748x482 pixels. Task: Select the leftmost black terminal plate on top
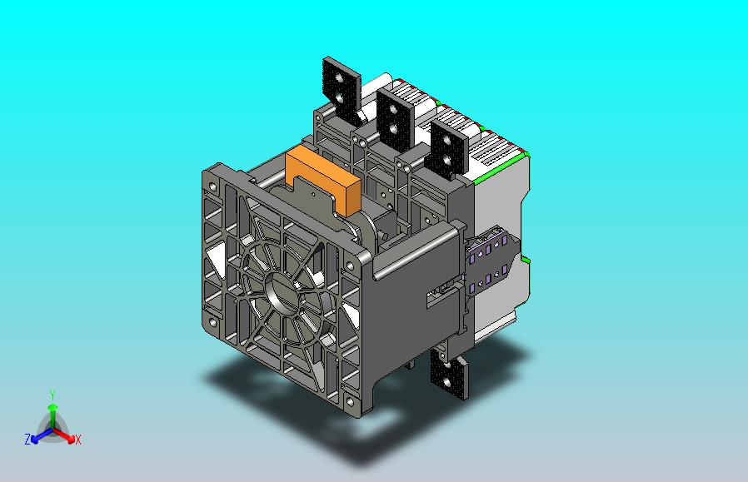coord(342,91)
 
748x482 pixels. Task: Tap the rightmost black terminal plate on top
coord(447,149)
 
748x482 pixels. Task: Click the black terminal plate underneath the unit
coord(449,375)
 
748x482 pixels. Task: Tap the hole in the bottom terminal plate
coord(447,382)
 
